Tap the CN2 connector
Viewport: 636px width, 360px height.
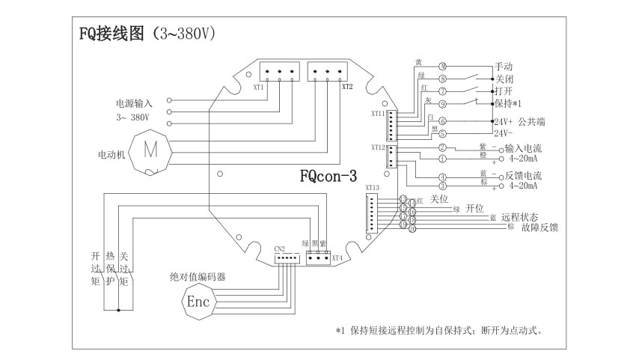click(x=286, y=257)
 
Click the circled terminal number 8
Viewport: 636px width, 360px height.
click(x=442, y=78)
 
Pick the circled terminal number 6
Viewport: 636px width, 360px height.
click(x=442, y=120)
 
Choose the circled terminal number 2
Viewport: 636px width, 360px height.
click(x=442, y=147)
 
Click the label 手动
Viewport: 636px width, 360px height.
click(x=504, y=67)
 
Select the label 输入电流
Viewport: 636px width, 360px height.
click(x=524, y=147)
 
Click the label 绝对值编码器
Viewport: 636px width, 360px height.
click(x=198, y=277)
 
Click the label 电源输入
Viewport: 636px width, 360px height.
click(x=133, y=103)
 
